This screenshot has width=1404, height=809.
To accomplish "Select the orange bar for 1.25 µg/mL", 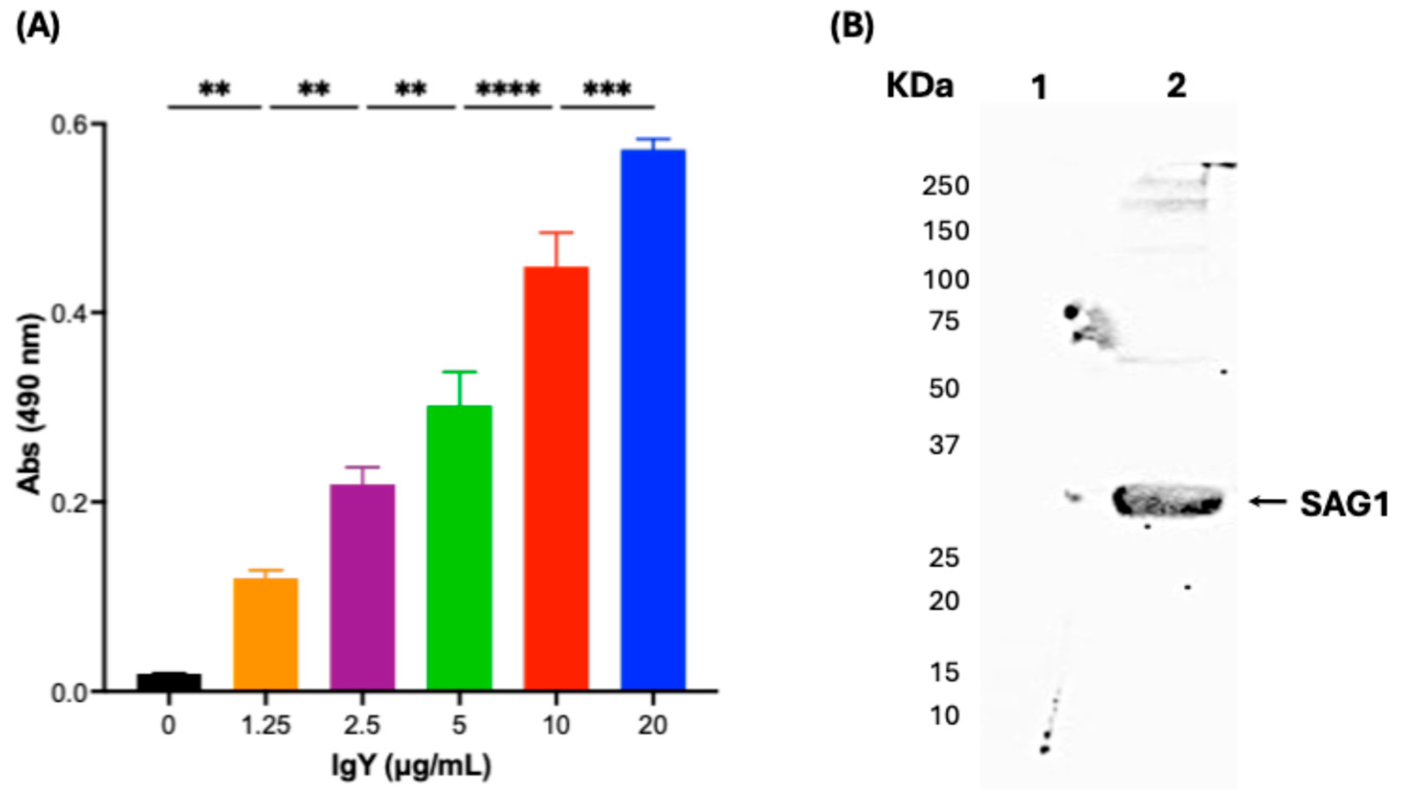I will [x=266, y=634].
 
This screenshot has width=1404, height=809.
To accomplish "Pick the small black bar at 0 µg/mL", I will [x=169, y=682].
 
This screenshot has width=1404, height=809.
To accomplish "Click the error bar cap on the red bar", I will [x=556, y=233].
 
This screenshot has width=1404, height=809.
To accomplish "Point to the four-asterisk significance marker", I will [x=508, y=89].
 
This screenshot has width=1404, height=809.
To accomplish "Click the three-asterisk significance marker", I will [x=607, y=89].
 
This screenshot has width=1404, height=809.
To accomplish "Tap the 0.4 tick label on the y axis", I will [x=70, y=313].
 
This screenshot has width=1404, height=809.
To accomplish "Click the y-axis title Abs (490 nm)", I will [x=29, y=404].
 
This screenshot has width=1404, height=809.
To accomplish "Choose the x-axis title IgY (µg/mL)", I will [x=411, y=766].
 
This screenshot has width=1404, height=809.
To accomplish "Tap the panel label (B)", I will [x=852, y=26].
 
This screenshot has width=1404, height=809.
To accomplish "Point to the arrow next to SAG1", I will [x=1268, y=502].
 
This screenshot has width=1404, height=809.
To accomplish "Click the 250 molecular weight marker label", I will [x=945, y=185].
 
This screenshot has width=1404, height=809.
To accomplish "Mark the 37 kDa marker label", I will [x=944, y=444].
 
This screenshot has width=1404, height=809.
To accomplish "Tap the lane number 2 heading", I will [x=1176, y=86].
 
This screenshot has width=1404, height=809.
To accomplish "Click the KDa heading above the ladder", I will [x=919, y=86].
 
